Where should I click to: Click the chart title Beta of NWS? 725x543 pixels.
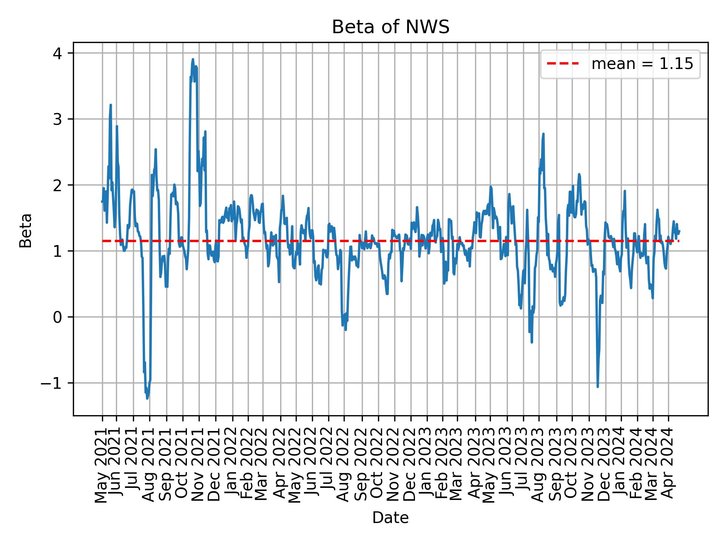(390, 27)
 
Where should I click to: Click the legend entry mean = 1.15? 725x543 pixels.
(642, 64)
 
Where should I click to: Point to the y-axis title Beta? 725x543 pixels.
(26, 230)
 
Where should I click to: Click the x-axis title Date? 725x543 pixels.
(390, 518)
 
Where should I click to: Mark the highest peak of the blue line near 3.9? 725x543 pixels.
(193, 59)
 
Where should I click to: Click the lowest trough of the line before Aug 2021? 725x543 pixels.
(147, 399)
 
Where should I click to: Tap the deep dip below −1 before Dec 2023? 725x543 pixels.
(597, 387)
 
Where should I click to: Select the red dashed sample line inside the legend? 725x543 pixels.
(563, 64)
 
